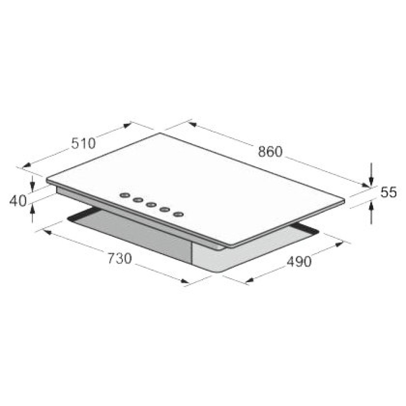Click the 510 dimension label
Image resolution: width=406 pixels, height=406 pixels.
pyautogui.click(x=83, y=143)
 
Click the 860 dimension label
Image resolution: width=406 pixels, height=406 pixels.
pyautogui.click(x=270, y=152)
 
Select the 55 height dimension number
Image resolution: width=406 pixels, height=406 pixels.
pyautogui.click(x=389, y=192)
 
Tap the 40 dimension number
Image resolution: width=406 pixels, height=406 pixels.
pyautogui.click(x=18, y=201)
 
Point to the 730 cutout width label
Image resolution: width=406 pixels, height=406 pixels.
pyautogui.click(x=120, y=259)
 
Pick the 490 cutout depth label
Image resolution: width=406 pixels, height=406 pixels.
pyautogui.click(x=299, y=261)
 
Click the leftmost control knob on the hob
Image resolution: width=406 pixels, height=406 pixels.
pyautogui.click(x=125, y=196)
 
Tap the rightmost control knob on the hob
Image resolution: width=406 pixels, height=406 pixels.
pyautogui.click(x=178, y=214)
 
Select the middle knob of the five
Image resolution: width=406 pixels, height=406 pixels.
pyautogui.click(x=151, y=205)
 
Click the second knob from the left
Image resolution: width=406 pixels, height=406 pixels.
pyautogui.click(x=138, y=200)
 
